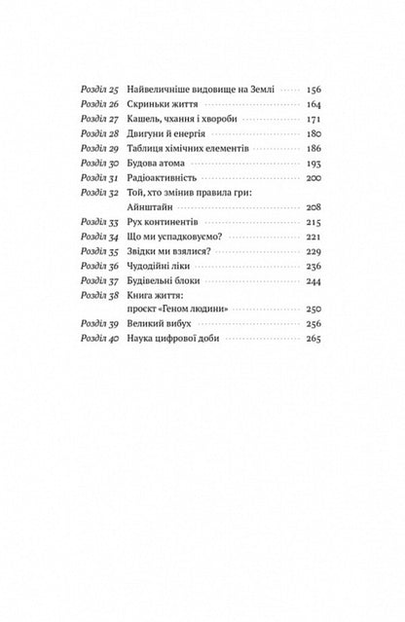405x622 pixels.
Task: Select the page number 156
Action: (x=314, y=90)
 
